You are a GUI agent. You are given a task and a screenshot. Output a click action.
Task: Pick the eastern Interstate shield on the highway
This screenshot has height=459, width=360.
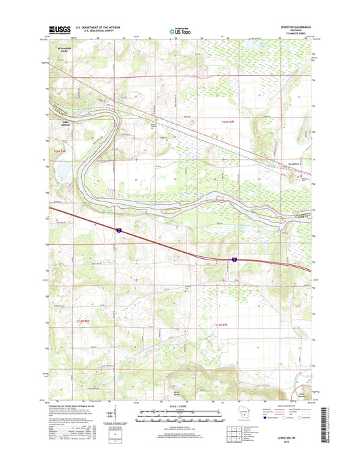pyautogui.click(x=234, y=259)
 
